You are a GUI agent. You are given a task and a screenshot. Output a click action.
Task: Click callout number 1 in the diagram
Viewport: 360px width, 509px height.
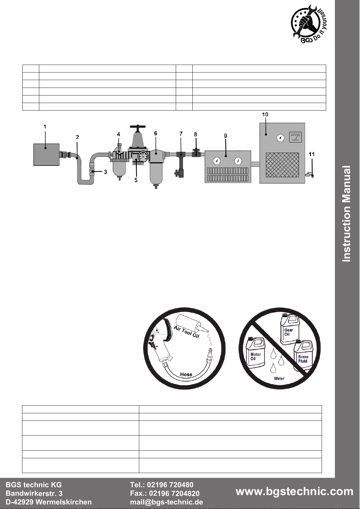(45, 127)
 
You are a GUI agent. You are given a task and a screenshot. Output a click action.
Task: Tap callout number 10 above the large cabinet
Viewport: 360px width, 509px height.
(265, 114)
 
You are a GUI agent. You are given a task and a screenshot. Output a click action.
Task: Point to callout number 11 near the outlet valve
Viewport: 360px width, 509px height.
(312, 154)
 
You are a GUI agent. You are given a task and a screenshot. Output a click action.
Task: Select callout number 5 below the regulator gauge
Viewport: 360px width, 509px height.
(136, 180)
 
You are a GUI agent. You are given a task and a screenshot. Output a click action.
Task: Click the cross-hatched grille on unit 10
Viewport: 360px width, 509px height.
(282, 165)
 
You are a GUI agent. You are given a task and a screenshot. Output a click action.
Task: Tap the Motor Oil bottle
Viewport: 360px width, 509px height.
(255, 354)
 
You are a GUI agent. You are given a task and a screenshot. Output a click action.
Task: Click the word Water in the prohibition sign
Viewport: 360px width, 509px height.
(279, 378)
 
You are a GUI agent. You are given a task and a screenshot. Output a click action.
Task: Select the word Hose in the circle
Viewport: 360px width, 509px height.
(186, 374)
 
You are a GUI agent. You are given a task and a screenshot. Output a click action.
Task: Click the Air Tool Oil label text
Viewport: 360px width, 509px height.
(186, 332)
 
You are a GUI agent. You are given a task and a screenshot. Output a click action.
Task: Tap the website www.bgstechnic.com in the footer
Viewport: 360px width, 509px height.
(294, 491)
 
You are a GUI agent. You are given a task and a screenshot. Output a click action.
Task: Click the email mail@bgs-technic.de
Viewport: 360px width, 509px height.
(166, 502)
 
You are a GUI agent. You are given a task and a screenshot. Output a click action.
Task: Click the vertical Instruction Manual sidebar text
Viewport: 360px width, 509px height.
(346, 213)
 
